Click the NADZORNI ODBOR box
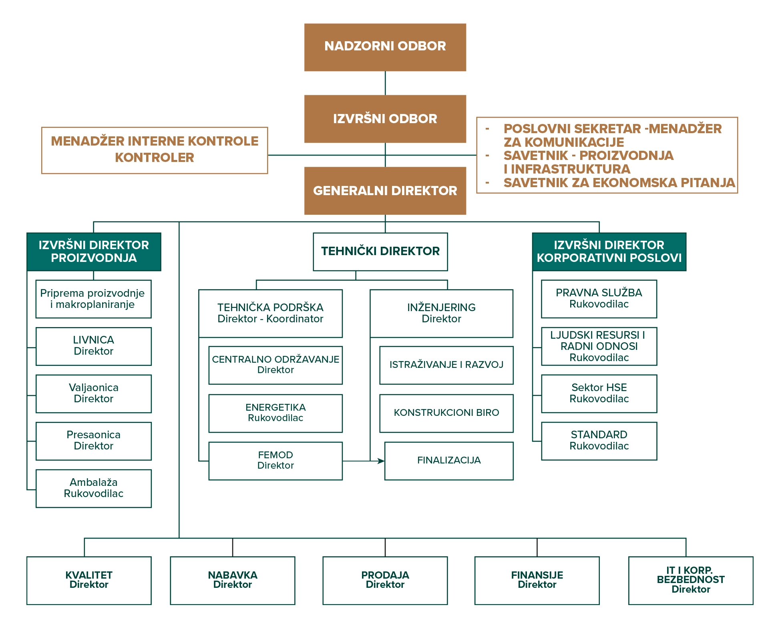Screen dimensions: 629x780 click(x=385, y=47)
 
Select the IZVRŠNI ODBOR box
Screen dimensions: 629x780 click(x=385, y=119)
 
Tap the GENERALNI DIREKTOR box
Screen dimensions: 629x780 click(x=385, y=191)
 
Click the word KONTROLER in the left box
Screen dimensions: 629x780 click(x=154, y=158)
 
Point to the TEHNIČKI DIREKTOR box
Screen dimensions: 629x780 click(x=380, y=252)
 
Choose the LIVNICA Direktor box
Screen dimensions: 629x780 click(x=93, y=346)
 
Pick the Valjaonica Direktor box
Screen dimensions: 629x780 click(x=93, y=393)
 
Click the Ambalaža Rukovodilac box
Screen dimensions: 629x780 click(x=93, y=488)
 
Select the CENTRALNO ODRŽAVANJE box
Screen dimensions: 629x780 click(x=275, y=365)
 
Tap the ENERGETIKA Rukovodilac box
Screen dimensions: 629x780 click(x=275, y=413)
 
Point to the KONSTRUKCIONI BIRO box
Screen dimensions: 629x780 click(x=446, y=413)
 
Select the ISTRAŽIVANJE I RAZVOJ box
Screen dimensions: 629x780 click(x=446, y=365)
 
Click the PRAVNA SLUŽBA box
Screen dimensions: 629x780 click(x=599, y=299)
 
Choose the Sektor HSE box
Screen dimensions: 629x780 click(x=599, y=393)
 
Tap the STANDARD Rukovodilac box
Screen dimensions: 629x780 click(x=599, y=441)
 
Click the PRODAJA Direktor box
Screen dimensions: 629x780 click(x=385, y=580)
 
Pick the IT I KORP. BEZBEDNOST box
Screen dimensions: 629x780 click(x=690, y=580)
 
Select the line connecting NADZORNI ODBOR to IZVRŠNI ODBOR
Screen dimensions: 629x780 click(x=385, y=83)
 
